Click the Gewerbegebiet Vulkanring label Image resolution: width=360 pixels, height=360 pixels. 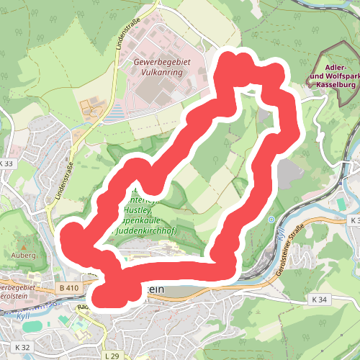click(x=162, y=68)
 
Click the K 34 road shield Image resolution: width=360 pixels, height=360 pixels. click(x=320, y=299)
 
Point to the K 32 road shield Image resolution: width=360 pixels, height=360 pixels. click(x=22, y=347)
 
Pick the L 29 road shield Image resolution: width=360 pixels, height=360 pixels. click(x=110, y=356)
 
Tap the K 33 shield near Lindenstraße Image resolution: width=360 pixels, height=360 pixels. click(x=6, y=164)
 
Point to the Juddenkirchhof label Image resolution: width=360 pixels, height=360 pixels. click(x=148, y=232)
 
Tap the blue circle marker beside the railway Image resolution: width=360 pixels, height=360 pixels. click(x=271, y=219)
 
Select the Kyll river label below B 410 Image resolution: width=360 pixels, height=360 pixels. click(x=21, y=315)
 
